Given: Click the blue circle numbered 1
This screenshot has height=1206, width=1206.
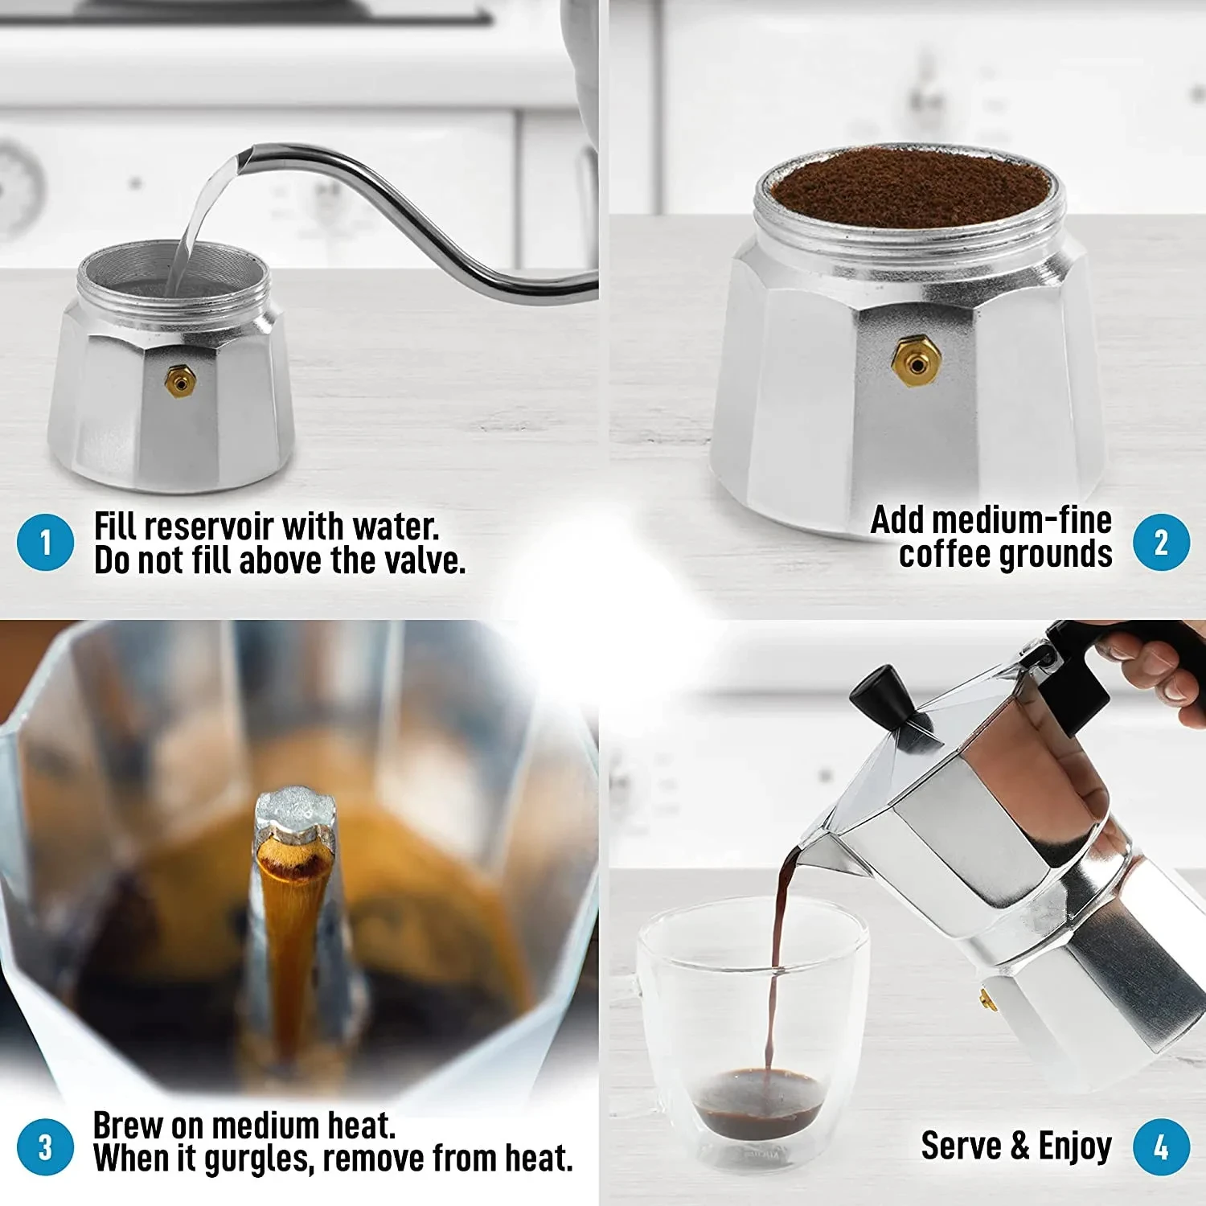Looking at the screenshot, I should coord(45,543).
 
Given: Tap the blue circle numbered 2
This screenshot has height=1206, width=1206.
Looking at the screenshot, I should coord(1161,543).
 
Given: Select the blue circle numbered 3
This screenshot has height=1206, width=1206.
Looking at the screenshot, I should coord(45,1147).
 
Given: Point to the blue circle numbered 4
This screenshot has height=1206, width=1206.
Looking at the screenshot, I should coord(1161,1147).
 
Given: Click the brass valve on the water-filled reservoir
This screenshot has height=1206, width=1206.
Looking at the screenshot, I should coord(180,380).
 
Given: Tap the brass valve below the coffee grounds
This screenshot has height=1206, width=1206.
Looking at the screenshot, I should coord(916,362).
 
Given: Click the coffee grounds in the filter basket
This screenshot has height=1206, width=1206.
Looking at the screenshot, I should coord(909,187).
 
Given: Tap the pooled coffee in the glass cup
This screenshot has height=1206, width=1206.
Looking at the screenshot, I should coord(759,1101).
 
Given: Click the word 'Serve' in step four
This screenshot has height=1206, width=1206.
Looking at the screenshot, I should coord(961,1146).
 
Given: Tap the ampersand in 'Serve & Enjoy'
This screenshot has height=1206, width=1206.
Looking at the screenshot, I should coord(1019,1147).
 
